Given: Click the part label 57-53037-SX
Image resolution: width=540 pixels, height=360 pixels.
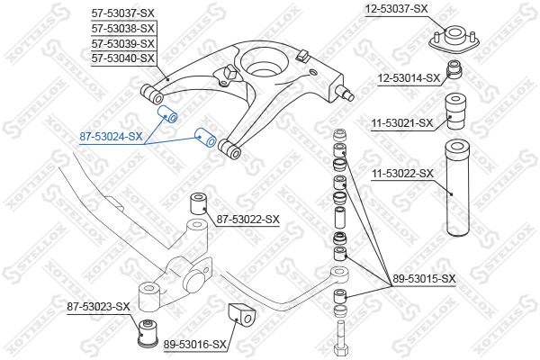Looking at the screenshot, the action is coord(123,13).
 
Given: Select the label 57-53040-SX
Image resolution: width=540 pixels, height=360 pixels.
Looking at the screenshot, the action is coord(123,58).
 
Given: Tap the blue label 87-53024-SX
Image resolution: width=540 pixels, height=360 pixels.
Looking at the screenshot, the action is coord(111,137).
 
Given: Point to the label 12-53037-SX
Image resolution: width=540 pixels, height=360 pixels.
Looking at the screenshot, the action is coord(396,9).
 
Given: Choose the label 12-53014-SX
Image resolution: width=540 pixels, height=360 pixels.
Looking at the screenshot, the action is coord(409,78).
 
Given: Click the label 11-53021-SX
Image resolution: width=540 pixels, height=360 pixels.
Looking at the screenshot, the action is coord(402,122).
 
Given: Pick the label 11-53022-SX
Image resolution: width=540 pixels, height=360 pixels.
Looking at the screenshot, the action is coord(402,174).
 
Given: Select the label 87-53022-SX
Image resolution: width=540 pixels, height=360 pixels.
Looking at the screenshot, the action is coord(248,219).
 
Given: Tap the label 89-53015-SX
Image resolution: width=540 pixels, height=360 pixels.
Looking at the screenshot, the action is coord(424,279).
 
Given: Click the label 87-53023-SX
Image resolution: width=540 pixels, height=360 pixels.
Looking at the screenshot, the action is coord(98,306).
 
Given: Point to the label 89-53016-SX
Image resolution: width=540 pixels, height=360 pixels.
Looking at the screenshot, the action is coord(195,344).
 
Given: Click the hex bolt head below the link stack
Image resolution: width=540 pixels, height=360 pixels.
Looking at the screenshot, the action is coord(340,351).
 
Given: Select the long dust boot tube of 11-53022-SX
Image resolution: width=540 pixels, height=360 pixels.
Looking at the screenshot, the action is coord(458,188).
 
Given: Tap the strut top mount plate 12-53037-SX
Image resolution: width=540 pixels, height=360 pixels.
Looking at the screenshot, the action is coord(454,40).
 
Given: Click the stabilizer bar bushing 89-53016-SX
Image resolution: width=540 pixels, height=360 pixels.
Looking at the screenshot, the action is coord(242,315).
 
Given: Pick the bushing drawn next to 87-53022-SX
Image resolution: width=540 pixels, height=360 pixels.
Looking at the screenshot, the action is coord(199,204).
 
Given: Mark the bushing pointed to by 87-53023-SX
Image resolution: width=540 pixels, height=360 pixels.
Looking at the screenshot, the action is coord(148,334).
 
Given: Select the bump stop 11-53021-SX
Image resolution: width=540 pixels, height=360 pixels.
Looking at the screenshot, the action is coord(456,112).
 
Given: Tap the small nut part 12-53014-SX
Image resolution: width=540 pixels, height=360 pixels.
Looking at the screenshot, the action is coord(454,69).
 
